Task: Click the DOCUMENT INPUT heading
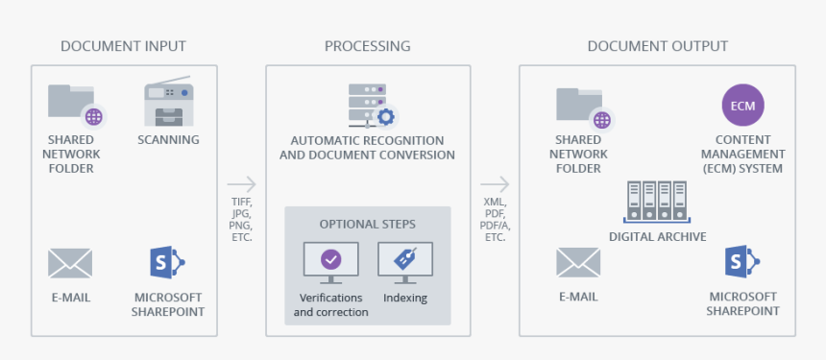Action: tap(123, 46)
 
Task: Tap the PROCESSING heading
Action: tap(367, 46)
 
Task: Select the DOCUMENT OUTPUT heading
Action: tap(657, 46)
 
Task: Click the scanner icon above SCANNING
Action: tap(168, 104)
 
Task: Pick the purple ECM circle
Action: tap(742, 106)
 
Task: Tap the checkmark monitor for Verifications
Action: tap(330, 260)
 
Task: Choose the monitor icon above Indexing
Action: tap(404, 260)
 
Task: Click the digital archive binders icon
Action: tap(657, 203)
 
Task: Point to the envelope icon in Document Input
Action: tap(70, 263)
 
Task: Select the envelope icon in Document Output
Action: tap(578, 263)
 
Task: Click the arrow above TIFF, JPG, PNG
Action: tap(242, 184)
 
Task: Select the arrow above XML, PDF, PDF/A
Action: tap(495, 184)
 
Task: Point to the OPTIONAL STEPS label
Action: tap(368, 224)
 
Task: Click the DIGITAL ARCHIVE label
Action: tap(657, 236)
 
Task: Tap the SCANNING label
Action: tap(168, 139)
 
